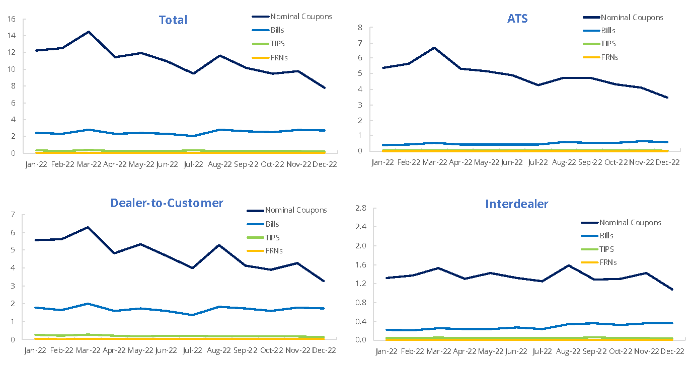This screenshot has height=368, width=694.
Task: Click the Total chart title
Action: point(173,20)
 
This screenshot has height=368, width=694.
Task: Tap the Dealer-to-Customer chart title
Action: point(167,203)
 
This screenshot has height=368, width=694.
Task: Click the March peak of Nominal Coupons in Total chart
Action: point(89,32)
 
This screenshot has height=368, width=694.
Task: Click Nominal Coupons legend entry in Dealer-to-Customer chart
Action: point(296,210)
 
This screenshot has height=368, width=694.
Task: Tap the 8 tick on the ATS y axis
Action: point(360,27)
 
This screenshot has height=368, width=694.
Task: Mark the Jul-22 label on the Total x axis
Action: point(193,164)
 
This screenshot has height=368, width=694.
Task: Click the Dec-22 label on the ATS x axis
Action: point(667,162)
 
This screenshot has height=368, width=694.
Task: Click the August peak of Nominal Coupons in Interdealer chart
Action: point(568,265)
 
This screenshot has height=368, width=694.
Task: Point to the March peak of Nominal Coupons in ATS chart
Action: point(434,48)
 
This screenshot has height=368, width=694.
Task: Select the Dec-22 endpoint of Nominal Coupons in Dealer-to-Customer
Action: point(324,281)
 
